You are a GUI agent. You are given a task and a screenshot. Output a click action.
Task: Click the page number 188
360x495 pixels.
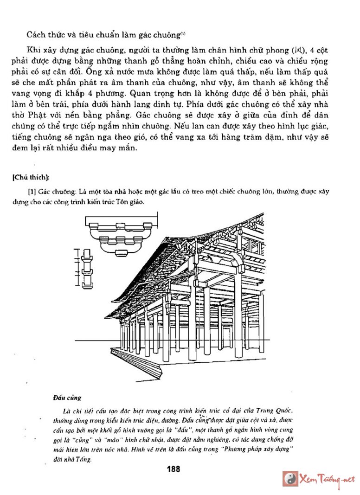pos(173,469)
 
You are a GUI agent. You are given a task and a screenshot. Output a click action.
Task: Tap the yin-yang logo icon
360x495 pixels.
pos(290,479)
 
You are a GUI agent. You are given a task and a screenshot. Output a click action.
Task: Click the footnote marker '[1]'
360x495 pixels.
pos(32,191)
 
